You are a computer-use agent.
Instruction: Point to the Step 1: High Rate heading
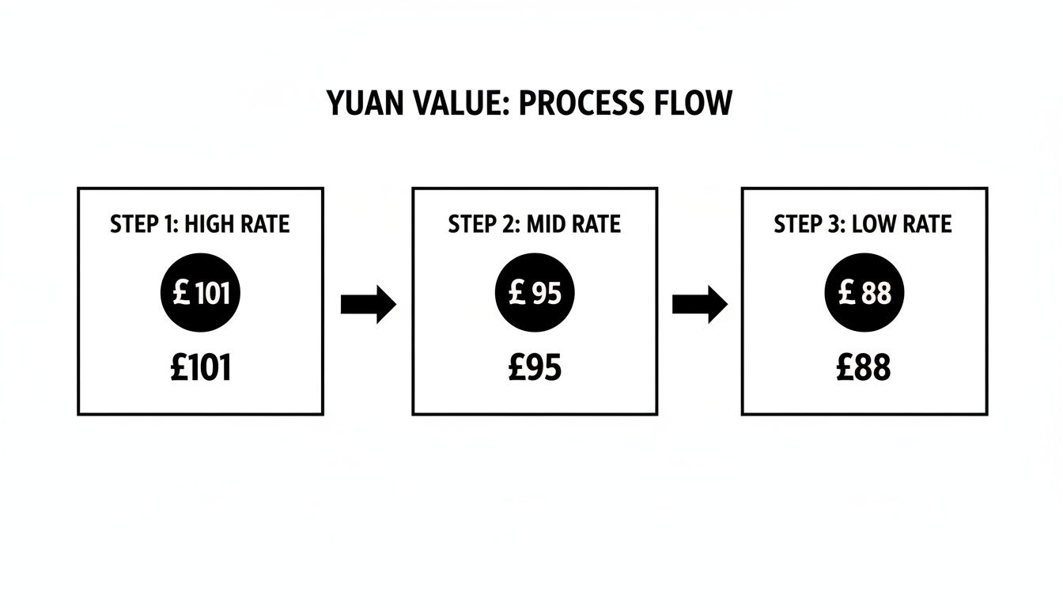coord(200,224)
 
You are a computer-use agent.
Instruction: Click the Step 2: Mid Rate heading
coord(535,224)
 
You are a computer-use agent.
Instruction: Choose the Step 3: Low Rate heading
coord(863,224)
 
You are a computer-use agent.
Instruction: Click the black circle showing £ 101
coord(201,294)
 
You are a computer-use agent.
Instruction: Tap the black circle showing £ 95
coord(535,294)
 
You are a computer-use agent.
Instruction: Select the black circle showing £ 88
coord(864,294)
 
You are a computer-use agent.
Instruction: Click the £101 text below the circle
coord(201,368)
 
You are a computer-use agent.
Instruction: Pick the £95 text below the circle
coord(535,368)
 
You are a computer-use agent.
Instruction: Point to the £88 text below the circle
coord(864,368)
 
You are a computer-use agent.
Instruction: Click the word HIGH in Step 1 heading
coord(212,224)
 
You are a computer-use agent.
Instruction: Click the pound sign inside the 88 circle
coord(847,294)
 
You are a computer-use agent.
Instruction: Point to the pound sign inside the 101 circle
coord(181,294)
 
